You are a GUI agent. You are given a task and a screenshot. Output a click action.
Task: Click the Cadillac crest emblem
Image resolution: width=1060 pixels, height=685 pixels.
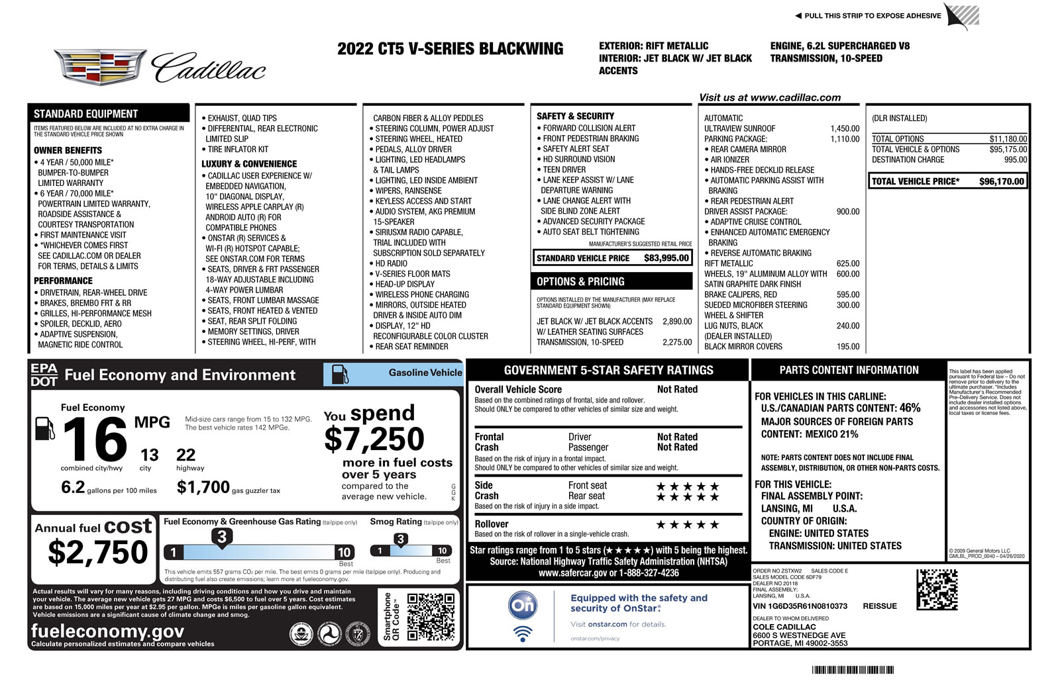pos(100,66)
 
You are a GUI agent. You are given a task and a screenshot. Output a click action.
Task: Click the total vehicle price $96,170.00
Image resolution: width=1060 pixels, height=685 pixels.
pos(1001,181)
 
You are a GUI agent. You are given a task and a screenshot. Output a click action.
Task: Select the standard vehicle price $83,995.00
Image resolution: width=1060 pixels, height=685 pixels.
pos(666,258)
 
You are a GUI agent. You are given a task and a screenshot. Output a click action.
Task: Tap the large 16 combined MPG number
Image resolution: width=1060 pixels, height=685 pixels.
pos(95,439)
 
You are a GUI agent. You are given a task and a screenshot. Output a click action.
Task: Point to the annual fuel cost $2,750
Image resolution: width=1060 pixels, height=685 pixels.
pos(98,553)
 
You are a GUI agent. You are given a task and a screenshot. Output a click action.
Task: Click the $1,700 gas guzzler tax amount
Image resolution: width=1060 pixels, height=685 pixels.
pos(203,488)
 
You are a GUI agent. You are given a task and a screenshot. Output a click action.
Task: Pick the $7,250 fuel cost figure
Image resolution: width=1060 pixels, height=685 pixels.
pos(374,439)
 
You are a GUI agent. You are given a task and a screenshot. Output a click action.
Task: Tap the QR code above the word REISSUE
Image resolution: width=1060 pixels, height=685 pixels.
pos(937,589)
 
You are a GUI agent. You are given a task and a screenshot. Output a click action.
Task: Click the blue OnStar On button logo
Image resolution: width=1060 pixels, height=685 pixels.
pos(523,605)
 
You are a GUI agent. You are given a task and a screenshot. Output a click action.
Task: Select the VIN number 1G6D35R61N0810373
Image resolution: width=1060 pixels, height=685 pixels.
pos(800,606)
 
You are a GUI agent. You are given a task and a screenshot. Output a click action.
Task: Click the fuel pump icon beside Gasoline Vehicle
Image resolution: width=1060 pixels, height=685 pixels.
pos(340,374)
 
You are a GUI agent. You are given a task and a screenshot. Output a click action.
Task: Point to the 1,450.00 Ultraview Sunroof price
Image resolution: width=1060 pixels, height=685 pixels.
pos(845,129)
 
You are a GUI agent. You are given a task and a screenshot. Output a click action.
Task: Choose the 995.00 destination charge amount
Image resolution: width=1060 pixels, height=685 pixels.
pos(1015,160)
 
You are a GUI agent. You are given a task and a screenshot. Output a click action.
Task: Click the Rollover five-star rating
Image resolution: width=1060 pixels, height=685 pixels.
pos(687,525)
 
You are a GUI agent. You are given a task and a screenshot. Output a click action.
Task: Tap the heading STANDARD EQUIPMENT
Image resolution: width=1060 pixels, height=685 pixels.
pos(86,114)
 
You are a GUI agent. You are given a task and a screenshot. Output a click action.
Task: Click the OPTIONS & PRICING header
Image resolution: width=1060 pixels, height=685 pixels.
pos(580,282)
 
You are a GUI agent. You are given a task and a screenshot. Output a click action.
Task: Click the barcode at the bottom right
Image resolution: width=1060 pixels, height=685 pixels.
pos(853,670)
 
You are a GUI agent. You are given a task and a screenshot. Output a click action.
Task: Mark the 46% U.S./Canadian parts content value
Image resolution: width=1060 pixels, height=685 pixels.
pos(910,408)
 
